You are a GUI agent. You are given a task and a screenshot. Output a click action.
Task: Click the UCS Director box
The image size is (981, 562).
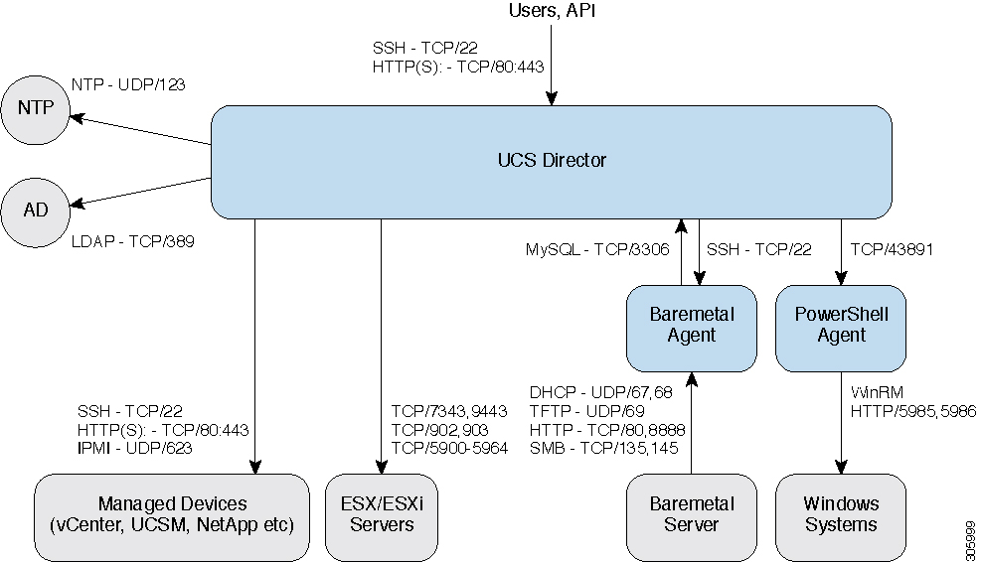pyautogui.click(x=552, y=161)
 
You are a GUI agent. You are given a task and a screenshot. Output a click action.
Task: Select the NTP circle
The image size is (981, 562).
pyautogui.click(x=36, y=109)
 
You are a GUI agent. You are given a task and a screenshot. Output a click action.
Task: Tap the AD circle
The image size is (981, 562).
pyautogui.click(x=36, y=209)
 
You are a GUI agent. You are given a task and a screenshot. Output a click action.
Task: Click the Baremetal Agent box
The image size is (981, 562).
pyautogui.click(x=691, y=326)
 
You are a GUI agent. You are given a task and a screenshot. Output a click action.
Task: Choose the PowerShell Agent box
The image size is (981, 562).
pyautogui.click(x=841, y=326)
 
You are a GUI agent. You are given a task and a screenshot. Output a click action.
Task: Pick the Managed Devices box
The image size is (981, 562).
pyautogui.click(x=172, y=514)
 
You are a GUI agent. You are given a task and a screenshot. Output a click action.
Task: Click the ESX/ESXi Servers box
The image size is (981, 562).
pyautogui.click(x=381, y=514)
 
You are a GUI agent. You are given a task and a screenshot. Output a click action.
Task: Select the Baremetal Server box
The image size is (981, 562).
pyautogui.click(x=691, y=514)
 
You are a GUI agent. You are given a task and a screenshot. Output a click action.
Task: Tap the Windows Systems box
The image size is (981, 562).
pyautogui.click(x=841, y=514)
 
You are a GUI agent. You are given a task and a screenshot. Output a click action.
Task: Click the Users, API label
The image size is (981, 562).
pyautogui.click(x=552, y=12)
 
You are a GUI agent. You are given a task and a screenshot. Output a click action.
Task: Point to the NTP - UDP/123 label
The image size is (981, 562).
pyautogui.click(x=128, y=85)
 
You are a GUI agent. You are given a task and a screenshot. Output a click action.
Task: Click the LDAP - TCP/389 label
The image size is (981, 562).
pyautogui.click(x=133, y=240)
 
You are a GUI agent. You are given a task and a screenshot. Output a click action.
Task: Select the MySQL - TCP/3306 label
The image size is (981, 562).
pyautogui.click(x=595, y=250)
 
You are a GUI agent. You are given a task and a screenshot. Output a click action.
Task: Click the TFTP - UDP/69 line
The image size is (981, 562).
pyautogui.click(x=587, y=410)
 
